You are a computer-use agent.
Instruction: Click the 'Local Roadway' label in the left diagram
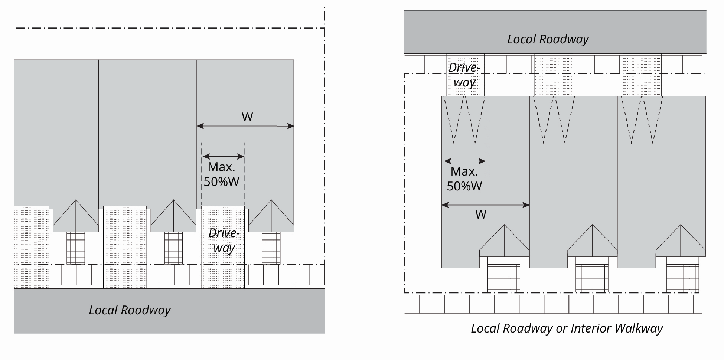(x=130, y=310)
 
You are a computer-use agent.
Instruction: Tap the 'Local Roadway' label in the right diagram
(x=548, y=39)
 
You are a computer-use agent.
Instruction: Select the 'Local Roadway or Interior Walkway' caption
(x=567, y=328)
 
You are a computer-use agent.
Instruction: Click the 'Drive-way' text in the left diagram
(x=224, y=240)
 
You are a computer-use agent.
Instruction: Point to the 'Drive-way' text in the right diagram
(x=464, y=75)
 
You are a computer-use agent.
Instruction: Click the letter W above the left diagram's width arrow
(x=247, y=117)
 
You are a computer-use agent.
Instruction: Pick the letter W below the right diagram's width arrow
(x=481, y=215)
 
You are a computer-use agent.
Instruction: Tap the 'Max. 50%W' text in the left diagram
(x=222, y=174)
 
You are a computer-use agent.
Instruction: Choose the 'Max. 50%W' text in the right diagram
(x=464, y=179)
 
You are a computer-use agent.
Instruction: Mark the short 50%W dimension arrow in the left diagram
(x=223, y=157)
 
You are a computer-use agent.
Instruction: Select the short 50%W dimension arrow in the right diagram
(x=465, y=161)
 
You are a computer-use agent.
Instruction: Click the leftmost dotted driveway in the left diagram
(x=32, y=247)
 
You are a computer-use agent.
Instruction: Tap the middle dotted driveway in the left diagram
(x=125, y=247)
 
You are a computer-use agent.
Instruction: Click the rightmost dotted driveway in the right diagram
(x=642, y=75)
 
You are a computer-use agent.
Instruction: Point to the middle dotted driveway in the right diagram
(x=554, y=75)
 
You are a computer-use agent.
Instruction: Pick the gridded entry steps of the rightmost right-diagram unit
(x=682, y=275)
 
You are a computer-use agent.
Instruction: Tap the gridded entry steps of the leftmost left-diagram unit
(x=76, y=248)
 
